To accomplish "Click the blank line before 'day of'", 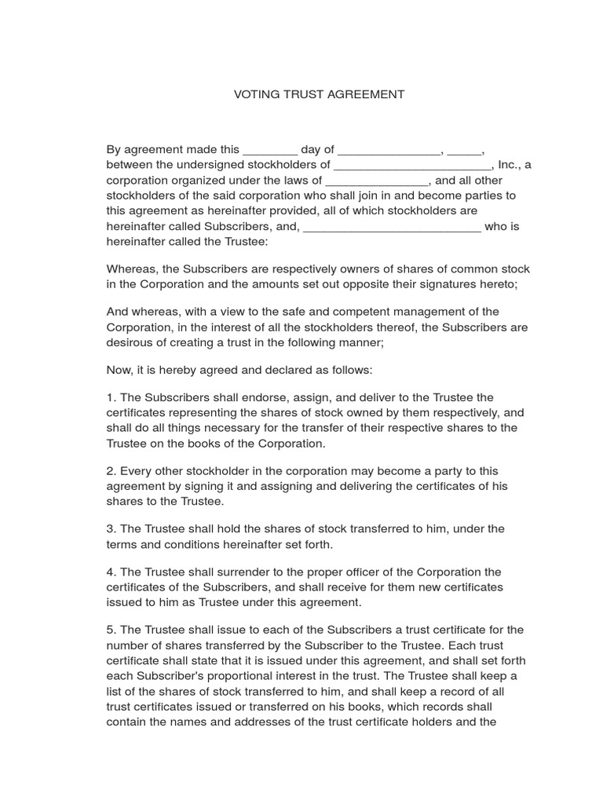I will [x=270, y=152].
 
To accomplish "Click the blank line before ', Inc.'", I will [x=412, y=166].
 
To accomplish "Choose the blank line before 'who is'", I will [x=392, y=228].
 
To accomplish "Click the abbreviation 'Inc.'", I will [x=508, y=165].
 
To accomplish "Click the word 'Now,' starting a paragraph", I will [x=119, y=369].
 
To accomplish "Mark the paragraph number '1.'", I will [x=111, y=397].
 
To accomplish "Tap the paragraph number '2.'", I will [x=111, y=471].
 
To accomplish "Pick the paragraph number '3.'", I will [x=111, y=528].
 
